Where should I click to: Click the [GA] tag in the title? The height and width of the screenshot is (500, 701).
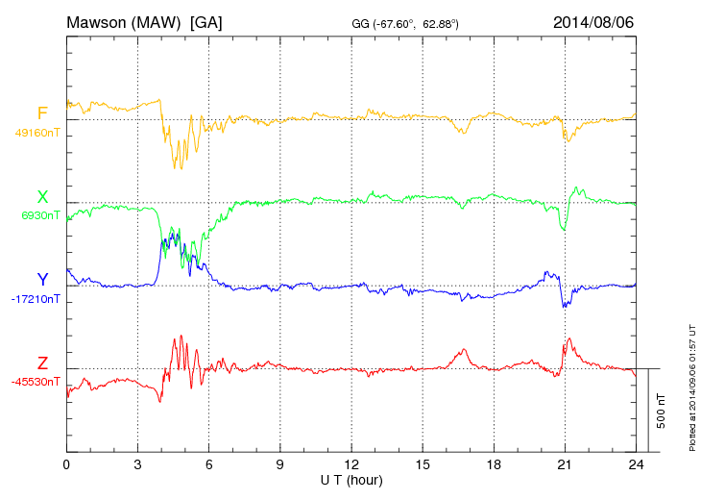206,22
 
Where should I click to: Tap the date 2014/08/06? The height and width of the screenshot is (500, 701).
593,22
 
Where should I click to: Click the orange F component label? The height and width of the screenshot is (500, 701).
42,114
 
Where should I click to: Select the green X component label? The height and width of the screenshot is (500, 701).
42,197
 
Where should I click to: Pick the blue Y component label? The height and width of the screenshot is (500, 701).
42,280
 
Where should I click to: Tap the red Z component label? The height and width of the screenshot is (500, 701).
42,362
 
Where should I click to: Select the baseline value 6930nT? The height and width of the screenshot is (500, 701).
40,215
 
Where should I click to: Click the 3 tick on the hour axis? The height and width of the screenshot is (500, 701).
137,464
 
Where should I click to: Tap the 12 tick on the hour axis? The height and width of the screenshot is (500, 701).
351,464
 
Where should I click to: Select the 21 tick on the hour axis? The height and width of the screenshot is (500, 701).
565,464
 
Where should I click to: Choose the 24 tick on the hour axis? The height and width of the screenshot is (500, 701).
636,464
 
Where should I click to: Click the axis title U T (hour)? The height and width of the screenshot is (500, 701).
351,479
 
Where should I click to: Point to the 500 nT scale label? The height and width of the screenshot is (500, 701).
662,411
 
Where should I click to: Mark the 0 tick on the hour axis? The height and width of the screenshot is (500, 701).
66,464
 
